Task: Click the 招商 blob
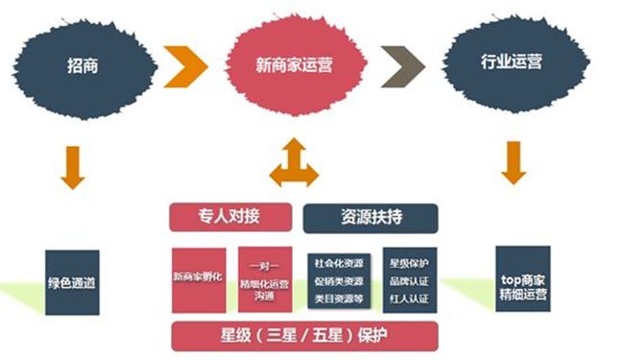pos(82,64)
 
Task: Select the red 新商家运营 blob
pos(297,65)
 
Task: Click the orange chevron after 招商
pos(185,64)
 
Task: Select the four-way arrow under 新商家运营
pos(294,163)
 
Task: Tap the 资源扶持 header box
pos(370,217)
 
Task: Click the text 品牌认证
pos(408,280)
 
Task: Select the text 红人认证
pos(408,300)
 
